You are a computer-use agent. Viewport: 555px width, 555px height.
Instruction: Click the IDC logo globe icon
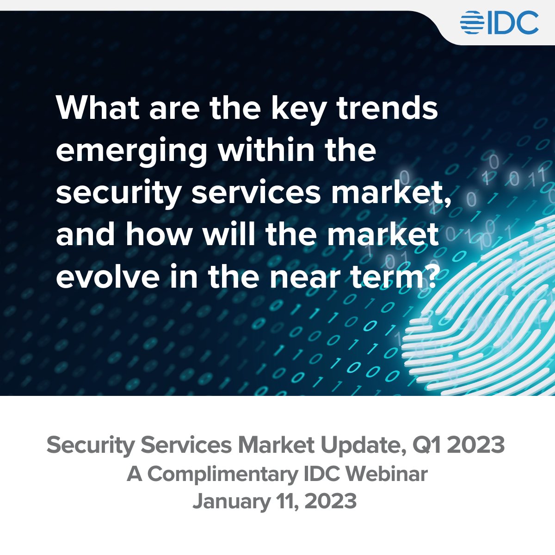coord(472,23)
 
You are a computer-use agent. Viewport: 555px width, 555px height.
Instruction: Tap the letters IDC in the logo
coord(512,23)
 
